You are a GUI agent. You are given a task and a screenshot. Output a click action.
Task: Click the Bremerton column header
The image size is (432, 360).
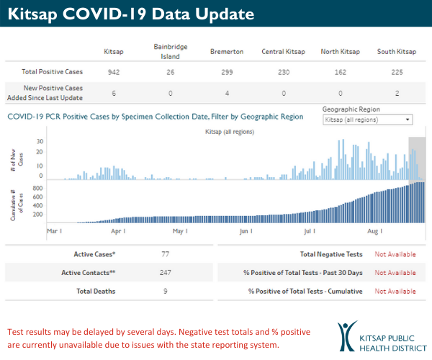[226, 52]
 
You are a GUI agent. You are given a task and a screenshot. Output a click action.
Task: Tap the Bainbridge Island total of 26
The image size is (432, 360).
[170, 73]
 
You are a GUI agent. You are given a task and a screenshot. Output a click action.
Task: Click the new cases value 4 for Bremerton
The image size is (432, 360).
[226, 94]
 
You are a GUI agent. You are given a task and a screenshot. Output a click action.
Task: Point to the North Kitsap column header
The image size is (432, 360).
[341, 52]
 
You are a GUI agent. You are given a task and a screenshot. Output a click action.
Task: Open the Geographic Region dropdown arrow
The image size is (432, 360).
[408, 120]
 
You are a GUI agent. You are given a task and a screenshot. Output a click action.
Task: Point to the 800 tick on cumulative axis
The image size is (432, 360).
[38, 188]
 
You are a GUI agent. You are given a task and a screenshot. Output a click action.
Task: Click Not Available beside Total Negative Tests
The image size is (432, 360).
[395, 254]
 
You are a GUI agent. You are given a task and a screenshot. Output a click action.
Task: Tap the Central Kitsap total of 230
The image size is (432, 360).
[283, 73]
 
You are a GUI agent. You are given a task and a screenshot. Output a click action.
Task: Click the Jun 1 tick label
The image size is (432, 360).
[246, 231]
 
